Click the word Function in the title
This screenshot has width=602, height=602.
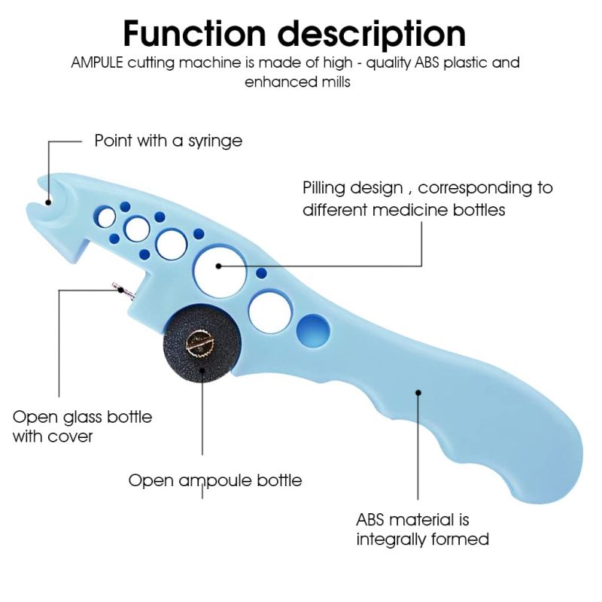tap(194, 34)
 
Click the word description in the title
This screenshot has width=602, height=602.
tap(372, 35)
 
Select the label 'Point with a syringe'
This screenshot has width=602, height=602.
tap(168, 141)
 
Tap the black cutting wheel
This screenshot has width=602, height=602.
tap(201, 344)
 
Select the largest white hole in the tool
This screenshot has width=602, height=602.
tap(220, 272)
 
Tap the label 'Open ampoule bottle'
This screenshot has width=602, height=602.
tap(215, 480)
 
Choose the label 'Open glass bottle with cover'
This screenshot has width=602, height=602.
tap(82, 427)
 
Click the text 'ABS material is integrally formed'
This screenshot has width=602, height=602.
tap(422, 530)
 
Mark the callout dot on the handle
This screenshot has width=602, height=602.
tap(418, 392)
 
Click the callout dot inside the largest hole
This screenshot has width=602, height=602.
tap(218, 266)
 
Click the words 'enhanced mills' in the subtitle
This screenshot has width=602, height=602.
tap(297, 82)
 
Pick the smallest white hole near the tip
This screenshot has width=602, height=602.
tap(106, 217)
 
